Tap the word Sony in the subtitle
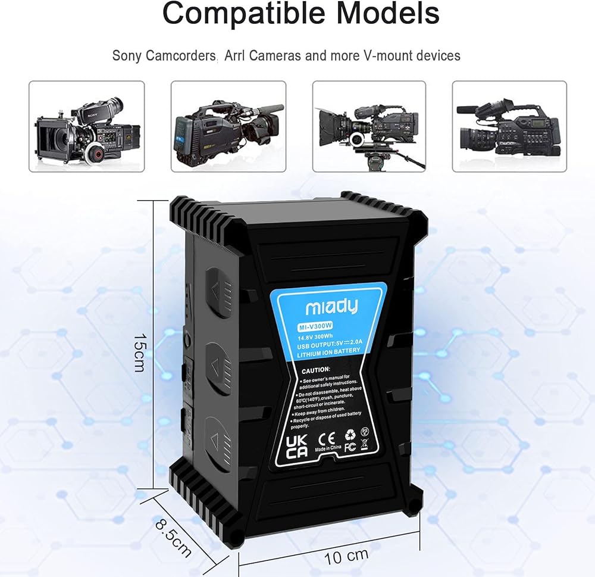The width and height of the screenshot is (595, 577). (128, 56)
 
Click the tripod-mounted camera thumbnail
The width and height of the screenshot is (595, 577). (369, 127)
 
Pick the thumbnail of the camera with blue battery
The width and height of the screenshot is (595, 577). (228, 127)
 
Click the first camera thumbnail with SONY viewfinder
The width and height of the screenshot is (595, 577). (87, 127)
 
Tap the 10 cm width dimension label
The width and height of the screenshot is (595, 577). (346, 557)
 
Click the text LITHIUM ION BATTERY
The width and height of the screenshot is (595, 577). (328, 351)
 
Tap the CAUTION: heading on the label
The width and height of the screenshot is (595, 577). (316, 370)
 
